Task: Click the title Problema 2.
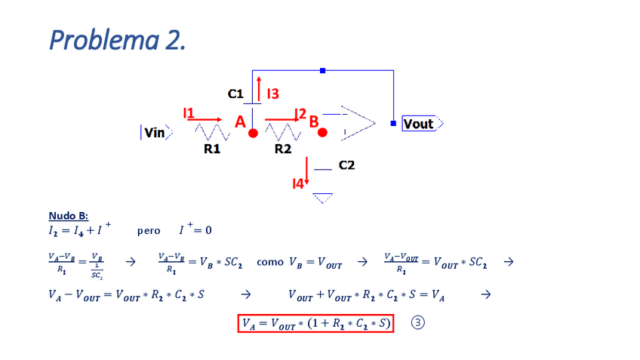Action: click(x=117, y=39)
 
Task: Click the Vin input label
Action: click(x=155, y=133)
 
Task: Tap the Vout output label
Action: click(x=420, y=124)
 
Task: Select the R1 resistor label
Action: click(x=212, y=149)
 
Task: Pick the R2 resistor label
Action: click(x=282, y=149)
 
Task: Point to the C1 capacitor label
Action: click(x=235, y=94)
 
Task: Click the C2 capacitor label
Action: click(x=346, y=165)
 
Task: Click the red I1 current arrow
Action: click(x=206, y=119)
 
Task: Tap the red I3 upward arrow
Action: click(x=259, y=88)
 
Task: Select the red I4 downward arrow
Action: click(x=307, y=170)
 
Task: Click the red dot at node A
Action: click(x=253, y=133)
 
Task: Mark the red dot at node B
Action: click(x=322, y=133)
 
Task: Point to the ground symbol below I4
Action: click(x=322, y=198)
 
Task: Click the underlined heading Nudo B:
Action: click(x=68, y=216)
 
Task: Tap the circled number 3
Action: click(x=418, y=323)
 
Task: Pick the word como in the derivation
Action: click(x=270, y=263)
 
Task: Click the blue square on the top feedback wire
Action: click(x=322, y=70)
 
